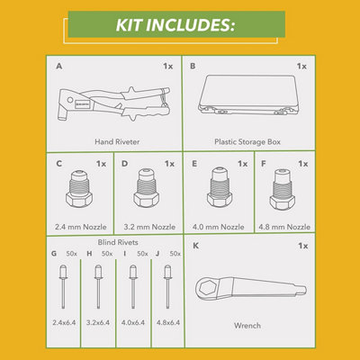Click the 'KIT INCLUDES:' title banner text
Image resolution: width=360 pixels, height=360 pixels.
point(175,24)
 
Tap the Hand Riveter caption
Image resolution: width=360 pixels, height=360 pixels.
point(117,141)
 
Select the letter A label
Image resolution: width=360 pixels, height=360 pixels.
point(59,66)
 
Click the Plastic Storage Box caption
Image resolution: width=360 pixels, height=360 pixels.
point(247,141)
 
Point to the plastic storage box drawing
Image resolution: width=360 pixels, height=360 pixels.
point(248,94)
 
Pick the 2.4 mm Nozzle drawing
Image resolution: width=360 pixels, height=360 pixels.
point(79,188)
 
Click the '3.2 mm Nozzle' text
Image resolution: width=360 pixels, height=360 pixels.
point(149,227)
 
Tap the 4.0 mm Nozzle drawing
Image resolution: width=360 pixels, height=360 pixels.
point(220,187)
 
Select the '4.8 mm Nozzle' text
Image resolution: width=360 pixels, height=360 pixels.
point(284,227)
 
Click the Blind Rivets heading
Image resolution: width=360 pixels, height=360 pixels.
point(118,242)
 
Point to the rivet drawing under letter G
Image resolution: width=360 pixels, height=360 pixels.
point(63,286)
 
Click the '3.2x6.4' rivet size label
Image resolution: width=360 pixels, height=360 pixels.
point(98,322)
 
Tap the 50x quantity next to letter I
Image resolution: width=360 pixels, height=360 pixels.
point(142,254)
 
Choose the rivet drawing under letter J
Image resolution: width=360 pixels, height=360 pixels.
point(167,286)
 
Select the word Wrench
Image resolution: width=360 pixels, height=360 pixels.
point(247,326)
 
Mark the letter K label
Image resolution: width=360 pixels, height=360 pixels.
point(195,246)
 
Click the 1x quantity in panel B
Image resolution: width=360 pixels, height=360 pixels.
point(301,66)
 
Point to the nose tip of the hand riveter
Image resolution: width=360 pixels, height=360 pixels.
point(60,118)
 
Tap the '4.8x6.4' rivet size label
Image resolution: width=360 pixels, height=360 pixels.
point(168,322)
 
